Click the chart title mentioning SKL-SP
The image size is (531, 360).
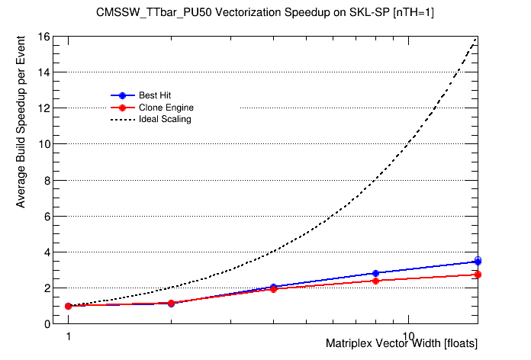[x=265, y=13]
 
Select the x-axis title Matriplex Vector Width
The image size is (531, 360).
[x=401, y=344]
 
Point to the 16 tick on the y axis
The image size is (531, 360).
[x=44, y=37]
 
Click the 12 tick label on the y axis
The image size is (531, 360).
[x=44, y=108]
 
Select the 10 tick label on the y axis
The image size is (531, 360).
[x=44, y=144]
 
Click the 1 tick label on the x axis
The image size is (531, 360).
[x=68, y=336]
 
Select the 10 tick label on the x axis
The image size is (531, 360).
[x=409, y=336]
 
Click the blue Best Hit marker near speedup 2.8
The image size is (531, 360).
[x=375, y=273]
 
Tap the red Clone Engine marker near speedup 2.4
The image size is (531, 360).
[x=375, y=281]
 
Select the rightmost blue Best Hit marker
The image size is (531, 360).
[x=478, y=261]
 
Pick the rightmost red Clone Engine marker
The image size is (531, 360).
[x=478, y=274]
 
